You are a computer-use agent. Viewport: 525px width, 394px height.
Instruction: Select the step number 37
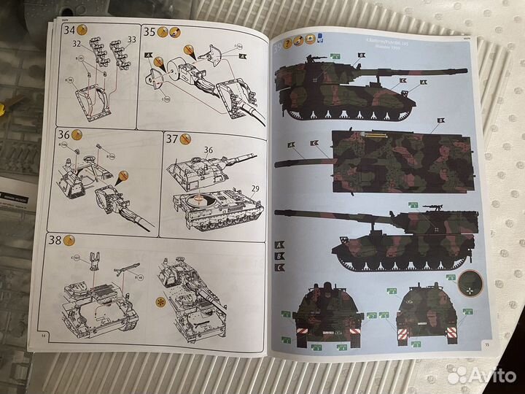pyautogui.click(x=174, y=139)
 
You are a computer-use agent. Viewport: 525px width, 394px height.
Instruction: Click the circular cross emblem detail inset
pyautogui.click(x=472, y=281)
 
